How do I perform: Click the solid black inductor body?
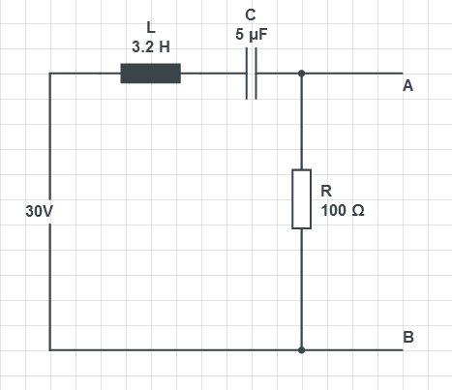(151, 74)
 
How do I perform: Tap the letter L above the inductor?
(151, 27)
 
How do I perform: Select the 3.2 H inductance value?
(151, 47)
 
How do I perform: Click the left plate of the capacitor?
(247, 74)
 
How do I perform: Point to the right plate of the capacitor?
(256, 74)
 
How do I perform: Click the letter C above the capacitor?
(251, 15)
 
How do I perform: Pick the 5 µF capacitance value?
(252, 34)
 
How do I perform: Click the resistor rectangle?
(302, 199)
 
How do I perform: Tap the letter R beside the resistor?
(326, 191)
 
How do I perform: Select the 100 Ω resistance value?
(343, 210)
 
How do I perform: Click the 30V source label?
(39, 212)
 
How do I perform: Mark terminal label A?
(407, 86)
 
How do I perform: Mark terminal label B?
(408, 337)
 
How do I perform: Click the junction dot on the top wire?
(302, 74)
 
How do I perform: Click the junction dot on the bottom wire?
(302, 350)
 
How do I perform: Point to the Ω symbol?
(358, 210)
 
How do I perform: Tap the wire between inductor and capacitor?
(213, 74)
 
